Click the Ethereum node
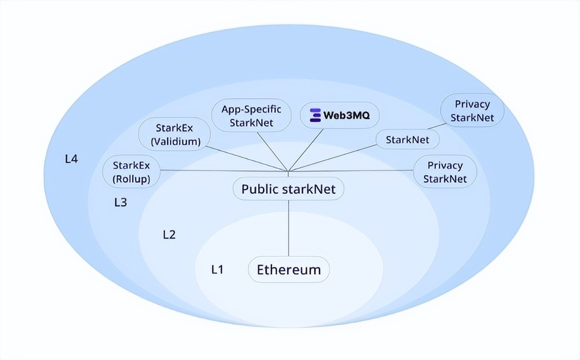click(289, 269)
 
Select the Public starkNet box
click(289, 189)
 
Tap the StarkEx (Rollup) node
click(131, 172)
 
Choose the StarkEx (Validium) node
click(175, 134)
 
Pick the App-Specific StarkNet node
click(251, 115)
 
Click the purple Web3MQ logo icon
click(315, 115)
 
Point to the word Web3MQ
click(346, 115)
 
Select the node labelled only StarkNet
click(408, 140)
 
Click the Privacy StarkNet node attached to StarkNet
click(472, 110)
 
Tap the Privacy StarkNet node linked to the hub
click(445, 172)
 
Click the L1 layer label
click(217, 269)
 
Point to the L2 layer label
click(169, 235)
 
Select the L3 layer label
click(121, 202)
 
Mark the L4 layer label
click(71, 159)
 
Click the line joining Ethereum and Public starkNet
click(289, 229)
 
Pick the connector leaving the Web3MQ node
click(306, 150)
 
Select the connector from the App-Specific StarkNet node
click(272, 152)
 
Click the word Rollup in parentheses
click(131, 179)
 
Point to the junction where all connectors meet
click(289, 171)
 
